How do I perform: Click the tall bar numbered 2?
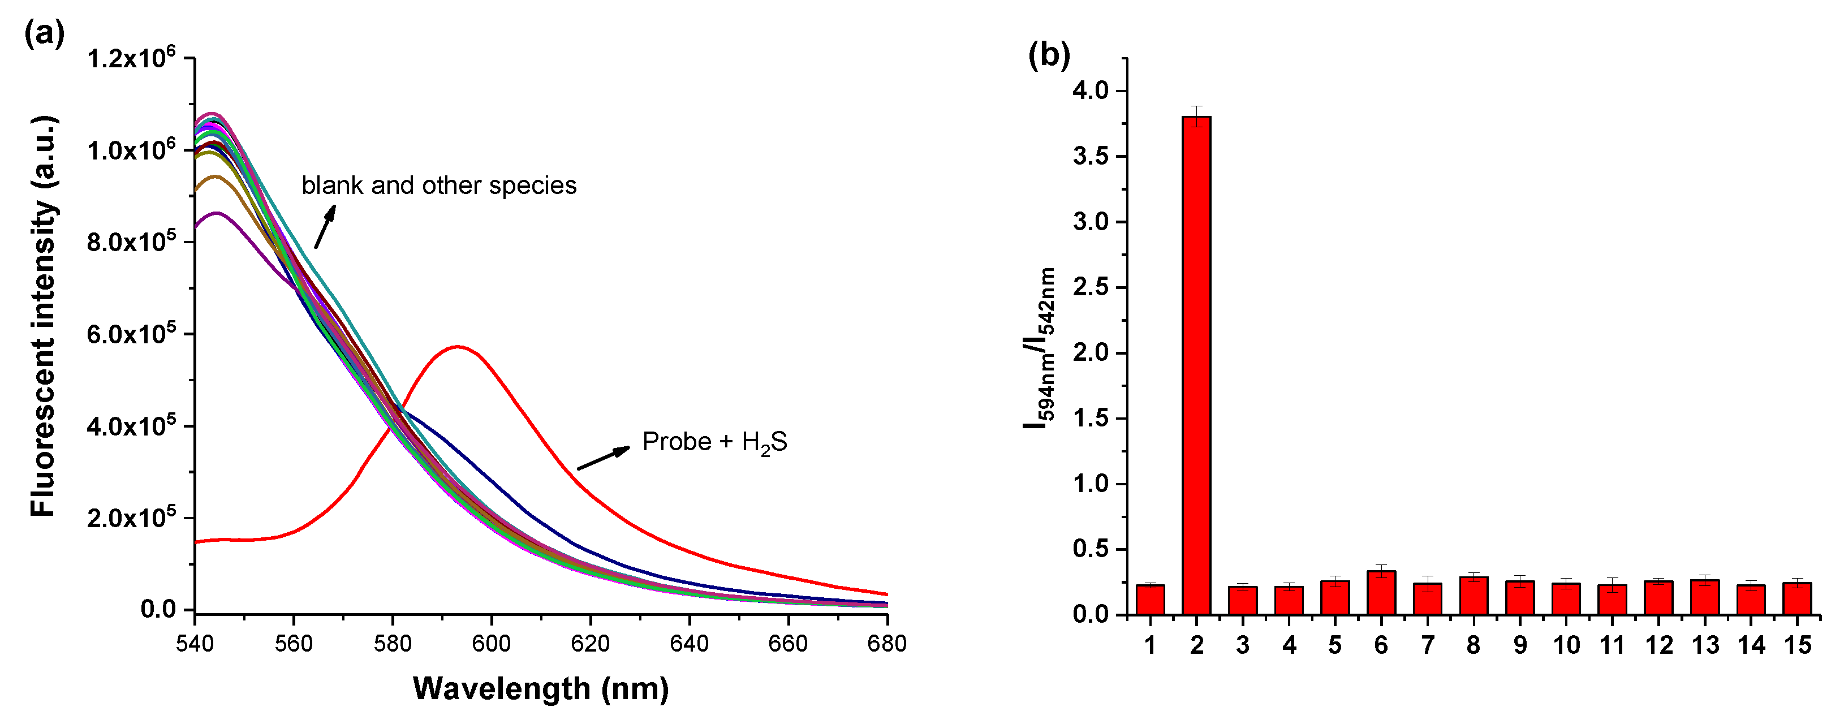click(1196, 365)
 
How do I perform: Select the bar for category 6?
click(1381, 593)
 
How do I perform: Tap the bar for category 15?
click(1796, 599)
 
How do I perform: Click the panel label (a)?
click(44, 33)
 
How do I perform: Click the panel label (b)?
click(1049, 54)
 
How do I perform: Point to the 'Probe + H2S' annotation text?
click(714, 442)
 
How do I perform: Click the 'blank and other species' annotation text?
click(439, 186)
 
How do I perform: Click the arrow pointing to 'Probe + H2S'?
click(604, 459)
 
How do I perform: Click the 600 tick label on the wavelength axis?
click(491, 644)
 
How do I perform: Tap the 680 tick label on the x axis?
click(887, 644)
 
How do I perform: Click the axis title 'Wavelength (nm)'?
click(540, 688)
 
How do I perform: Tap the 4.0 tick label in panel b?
click(1089, 91)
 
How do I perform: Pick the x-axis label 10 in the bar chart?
click(1566, 645)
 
